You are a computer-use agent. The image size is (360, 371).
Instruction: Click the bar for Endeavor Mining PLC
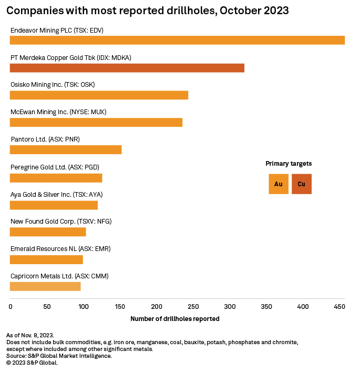(x=177, y=40)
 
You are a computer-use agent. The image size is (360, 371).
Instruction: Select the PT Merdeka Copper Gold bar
(x=127, y=67)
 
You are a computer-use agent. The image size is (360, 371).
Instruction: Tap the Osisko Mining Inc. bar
(x=99, y=95)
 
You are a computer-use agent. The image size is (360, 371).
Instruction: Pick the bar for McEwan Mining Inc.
(x=96, y=122)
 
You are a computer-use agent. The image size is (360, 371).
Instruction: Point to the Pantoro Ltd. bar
(x=66, y=149)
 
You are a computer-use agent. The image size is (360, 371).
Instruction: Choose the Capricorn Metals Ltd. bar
(x=45, y=286)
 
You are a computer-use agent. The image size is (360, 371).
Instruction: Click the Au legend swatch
(x=279, y=184)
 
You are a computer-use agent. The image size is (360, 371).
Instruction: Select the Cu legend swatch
(x=302, y=184)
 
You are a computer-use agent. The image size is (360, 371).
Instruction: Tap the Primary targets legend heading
(x=289, y=164)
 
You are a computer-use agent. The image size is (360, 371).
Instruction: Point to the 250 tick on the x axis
(x=193, y=306)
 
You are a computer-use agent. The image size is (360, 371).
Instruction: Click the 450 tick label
(x=339, y=306)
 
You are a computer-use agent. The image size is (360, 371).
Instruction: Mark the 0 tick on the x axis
(x=11, y=306)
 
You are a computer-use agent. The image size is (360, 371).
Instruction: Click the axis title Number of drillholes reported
(x=174, y=319)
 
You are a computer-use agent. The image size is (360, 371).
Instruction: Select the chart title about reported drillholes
(x=147, y=11)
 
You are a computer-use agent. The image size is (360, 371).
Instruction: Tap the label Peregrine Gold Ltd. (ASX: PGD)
(x=55, y=167)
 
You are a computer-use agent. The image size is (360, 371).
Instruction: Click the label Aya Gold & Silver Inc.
(x=56, y=194)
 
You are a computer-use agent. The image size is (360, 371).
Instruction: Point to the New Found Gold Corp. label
(x=61, y=222)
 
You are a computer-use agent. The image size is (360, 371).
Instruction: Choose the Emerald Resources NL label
(x=60, y=249)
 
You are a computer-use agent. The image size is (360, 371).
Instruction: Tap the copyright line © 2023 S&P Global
(x=32, y=363)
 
